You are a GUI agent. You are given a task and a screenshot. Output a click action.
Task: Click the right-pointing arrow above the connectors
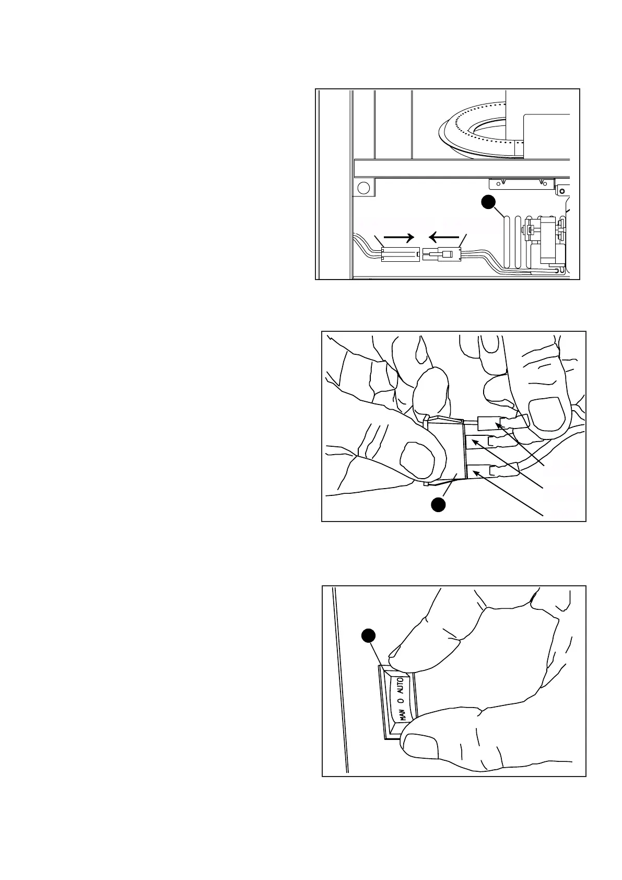click(399, 237)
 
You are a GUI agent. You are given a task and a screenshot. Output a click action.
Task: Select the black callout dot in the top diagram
click(488, 202)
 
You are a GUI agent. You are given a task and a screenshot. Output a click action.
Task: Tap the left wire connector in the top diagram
click(400, 254)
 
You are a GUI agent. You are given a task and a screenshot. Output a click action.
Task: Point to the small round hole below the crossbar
click(363, 188)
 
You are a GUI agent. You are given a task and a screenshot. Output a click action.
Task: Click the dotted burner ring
click(480, 128)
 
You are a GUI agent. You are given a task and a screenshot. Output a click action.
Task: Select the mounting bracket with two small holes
click(522, 184)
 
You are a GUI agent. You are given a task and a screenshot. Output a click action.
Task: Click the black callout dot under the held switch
click(438, 504)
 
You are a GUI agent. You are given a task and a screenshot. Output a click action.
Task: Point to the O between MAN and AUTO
click(401, 700)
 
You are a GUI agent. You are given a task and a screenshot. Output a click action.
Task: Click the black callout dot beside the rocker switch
click(369, 635)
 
